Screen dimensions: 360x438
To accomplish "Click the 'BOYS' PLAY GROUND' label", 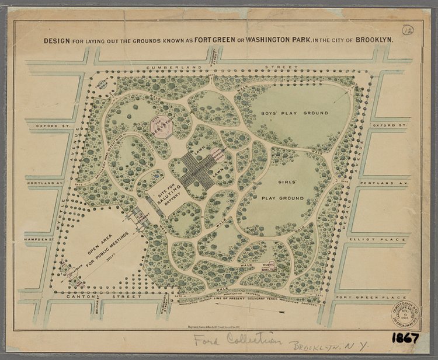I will (x=294, y=113).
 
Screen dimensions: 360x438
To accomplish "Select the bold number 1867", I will (x=405, y=338).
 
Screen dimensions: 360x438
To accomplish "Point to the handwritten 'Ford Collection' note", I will (x=237, y=341).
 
